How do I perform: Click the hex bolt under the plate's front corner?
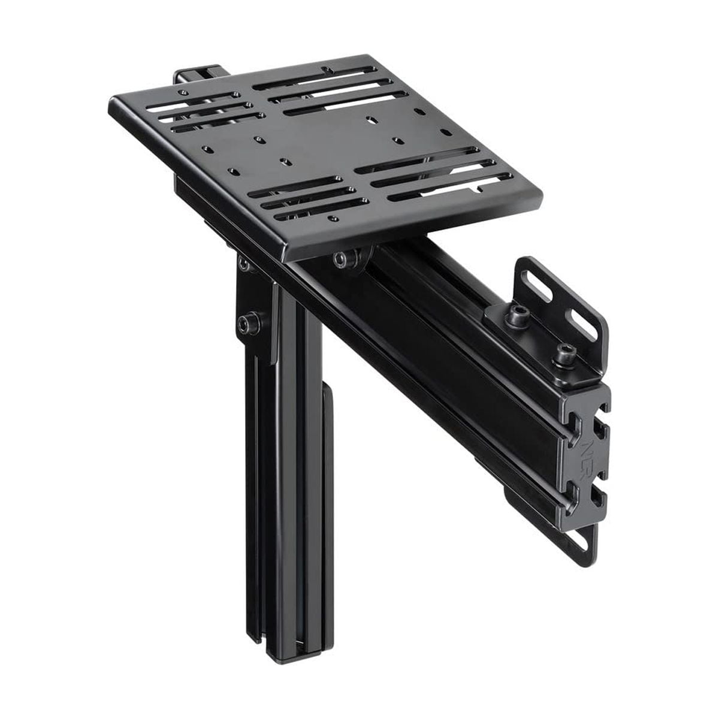click(342, 259)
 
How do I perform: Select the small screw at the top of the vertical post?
click(243, 263)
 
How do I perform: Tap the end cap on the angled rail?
click(584, 455)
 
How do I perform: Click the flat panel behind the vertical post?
click(328, 467)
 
